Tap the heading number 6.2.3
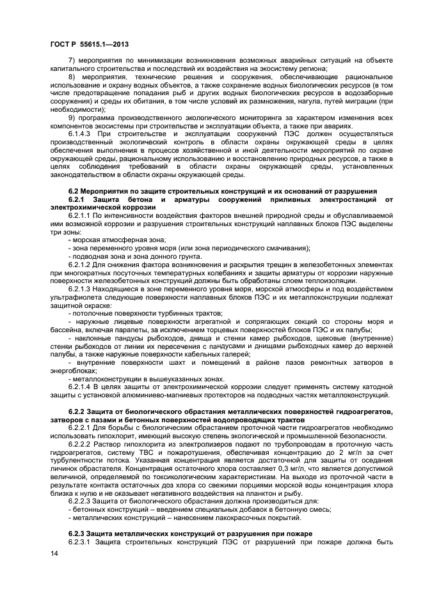pos(77,533)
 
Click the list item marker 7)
pos(72,61)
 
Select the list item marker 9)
pos(72,118)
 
